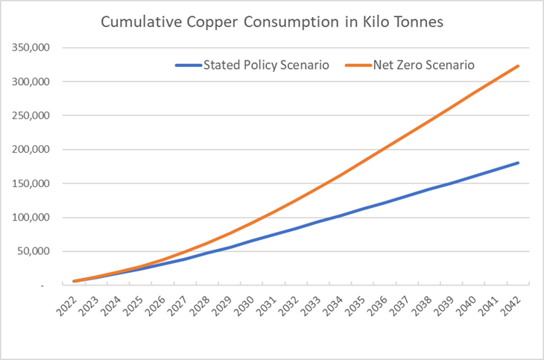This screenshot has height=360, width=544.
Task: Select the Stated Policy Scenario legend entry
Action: click(x=253, y=65)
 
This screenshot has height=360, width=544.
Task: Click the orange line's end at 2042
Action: click(x=518, y=66)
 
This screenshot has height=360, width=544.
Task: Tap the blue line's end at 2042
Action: click(x=518, y=163)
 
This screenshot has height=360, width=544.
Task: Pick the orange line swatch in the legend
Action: click(x=358, y=65)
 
